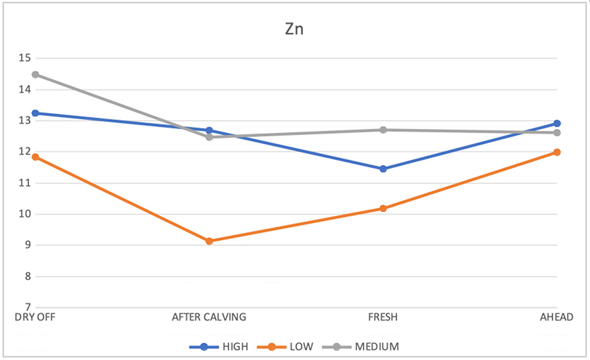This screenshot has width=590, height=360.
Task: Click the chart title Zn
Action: click(294, 30)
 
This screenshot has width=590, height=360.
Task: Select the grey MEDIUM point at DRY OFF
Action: click(35, 74)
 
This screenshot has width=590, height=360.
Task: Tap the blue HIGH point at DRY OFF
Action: click(35, 113)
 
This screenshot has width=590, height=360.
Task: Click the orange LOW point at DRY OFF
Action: click(35, 157)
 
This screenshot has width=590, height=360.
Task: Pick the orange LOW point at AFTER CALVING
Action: click(209, 241)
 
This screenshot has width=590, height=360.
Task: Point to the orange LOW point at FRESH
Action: click(383, 209)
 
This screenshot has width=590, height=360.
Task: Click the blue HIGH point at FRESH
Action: click(383, 169)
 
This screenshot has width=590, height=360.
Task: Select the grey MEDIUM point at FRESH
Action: click(383, 130)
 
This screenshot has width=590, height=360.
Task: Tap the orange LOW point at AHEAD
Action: click(556, 152)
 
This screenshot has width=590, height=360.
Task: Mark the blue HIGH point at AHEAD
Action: click(556, 124)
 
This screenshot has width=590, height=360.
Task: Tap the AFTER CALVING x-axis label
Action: click(209, 317)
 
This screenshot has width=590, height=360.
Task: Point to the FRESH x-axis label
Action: click(383, 317)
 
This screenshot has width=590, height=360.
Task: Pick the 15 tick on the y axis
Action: click(25, 58)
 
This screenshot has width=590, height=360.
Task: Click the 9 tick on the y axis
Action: click(28, 245)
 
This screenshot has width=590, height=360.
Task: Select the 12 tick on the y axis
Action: click(25, 152)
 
